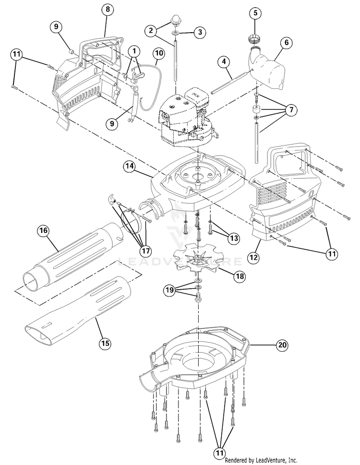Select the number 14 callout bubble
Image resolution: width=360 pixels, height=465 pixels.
(x=128, y=166)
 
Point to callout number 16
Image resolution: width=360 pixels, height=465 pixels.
(x=44, y=231)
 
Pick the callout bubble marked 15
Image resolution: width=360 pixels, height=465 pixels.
(x=105, y=343)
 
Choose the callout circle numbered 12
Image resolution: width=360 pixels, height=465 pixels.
(x=254, y=257)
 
